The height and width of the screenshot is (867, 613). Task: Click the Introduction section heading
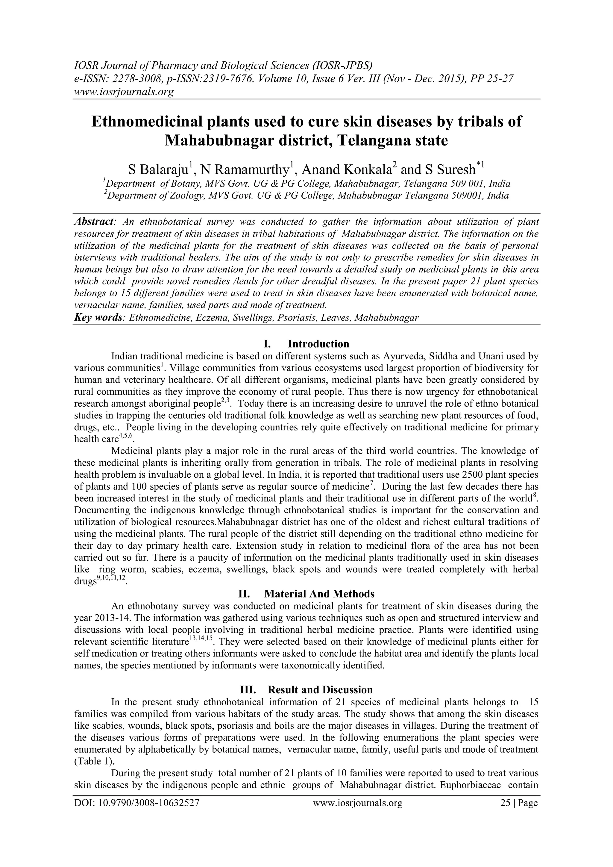[318, 344]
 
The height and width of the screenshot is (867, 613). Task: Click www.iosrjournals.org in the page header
[123, 92]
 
